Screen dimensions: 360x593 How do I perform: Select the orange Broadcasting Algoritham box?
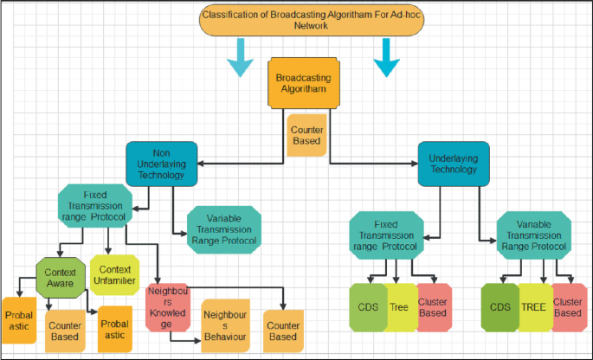point(302,85)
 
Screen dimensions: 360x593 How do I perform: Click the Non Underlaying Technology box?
point(163,162)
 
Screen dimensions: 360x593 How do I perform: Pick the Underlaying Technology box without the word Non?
point(454,162)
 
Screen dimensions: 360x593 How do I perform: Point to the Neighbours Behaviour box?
point(224,324)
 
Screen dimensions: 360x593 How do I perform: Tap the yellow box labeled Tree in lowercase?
point(399,307)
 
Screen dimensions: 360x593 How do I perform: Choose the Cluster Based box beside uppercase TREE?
point(567,307)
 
